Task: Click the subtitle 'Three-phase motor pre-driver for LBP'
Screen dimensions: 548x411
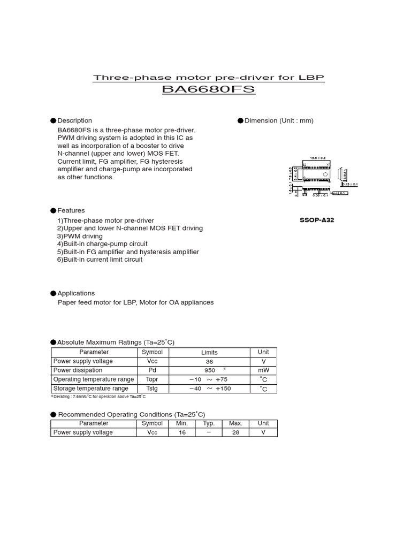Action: pyautogui.click(x=209, y=78)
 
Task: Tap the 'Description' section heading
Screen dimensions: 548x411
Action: pyautogui.click(x=74, y=121)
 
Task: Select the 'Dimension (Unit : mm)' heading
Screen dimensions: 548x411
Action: pyautogui.click(x=279, y=121)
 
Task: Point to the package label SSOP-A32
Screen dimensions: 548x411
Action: pyautogui.click(x=317, y=220)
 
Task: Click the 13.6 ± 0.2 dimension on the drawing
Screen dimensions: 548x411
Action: pyautogui.click(x=317, y=158)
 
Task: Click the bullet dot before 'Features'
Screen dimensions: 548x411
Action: pyautogui.click(x=54, y=211)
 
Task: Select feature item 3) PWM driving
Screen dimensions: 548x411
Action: pyautogui.click(x=80, y=236)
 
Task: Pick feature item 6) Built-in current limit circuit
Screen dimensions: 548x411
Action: pyautogui.click(x=100, y=260)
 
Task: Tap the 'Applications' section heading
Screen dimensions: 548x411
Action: pyautogui.click(x=76, y=293)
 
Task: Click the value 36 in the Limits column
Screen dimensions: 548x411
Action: pyautogui.click(x=209, y=362)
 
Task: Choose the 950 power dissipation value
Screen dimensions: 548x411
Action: pyautogui.click(x=209, y=370)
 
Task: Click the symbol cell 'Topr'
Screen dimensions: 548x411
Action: pyautogui.click(x=152, y=379)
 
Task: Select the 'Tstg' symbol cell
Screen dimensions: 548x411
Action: pyautogui.click(x=152, y=389)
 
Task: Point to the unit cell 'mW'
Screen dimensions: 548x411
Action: pyautogui.click(x=263, y=370)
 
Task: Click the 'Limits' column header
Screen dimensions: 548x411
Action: pyautogui.click(x=209, y=353)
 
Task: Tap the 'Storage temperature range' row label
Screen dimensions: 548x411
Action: pyautogui.click(x=91, y=389)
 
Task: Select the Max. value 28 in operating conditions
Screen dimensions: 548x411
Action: pyautogui.click(x=235, y=432)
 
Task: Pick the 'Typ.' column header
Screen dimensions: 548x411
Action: pyautogui.click(x=209, y=423)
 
